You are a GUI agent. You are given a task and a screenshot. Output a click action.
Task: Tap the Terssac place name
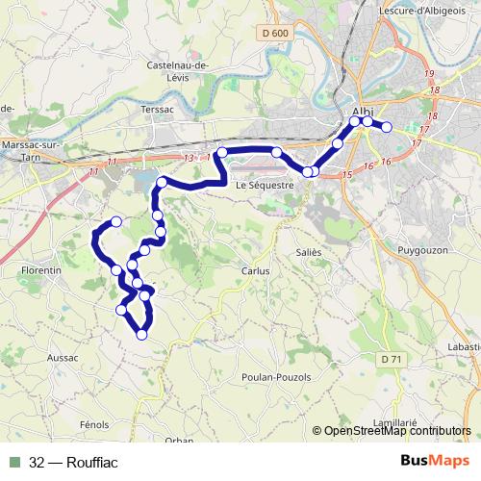[x=157, y=110]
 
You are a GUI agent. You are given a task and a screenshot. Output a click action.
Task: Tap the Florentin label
[x=41, y=271]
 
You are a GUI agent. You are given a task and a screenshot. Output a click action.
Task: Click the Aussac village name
[x=63, y=356]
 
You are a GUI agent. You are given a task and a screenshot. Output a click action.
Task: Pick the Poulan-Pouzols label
[x=277, y=377]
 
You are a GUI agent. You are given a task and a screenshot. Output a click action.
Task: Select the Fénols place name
[x=94, y=423]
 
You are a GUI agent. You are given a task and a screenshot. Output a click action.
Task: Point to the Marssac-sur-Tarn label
[x=25, y=150]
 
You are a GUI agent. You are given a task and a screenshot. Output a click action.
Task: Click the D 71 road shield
[x=390, y=359]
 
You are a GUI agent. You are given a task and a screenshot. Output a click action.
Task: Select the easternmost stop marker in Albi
[x=387, y=127]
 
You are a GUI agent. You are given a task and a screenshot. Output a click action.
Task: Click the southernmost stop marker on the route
[x=141, y=335]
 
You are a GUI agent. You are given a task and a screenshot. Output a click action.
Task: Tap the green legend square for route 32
[x=14, y=463]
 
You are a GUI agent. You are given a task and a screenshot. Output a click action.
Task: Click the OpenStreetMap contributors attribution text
[x=396, y=431]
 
